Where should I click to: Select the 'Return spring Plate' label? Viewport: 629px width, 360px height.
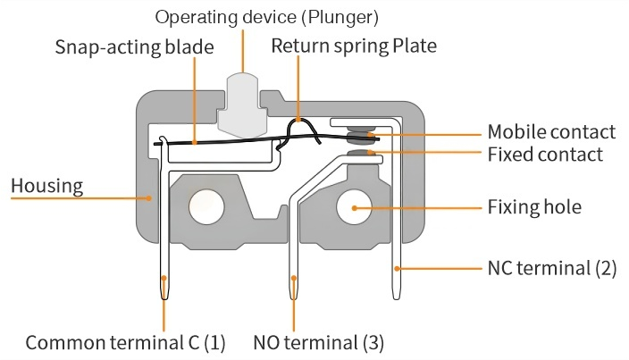coord(354,46)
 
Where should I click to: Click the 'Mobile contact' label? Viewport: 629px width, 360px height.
coord(551,132)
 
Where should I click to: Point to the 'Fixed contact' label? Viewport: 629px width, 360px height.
coord(544,155)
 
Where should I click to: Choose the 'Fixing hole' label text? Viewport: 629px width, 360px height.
coord(534,207)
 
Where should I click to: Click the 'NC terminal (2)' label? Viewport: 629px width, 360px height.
coord(551,268)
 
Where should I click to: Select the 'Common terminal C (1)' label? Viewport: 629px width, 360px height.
coord(126,342)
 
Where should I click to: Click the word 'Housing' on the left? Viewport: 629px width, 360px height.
coord(46,186)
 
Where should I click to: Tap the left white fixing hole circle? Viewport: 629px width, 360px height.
coord(205,207)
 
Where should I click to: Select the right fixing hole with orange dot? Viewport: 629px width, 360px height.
coord(354,207)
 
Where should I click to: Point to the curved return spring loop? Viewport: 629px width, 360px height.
coord(302,131)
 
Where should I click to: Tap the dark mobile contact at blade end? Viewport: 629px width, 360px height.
coord(361,136)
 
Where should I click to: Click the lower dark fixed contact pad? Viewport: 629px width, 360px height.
coord(360,155)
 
